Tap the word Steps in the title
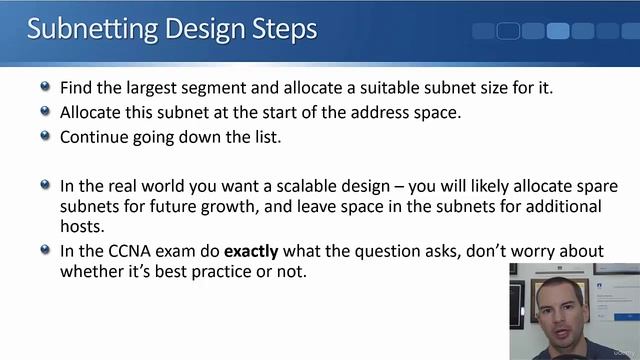click(x=284, y=29)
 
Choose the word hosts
click(x=83, y=226)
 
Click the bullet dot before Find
click(x=45, y=87)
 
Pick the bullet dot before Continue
click(x=45, y=137)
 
